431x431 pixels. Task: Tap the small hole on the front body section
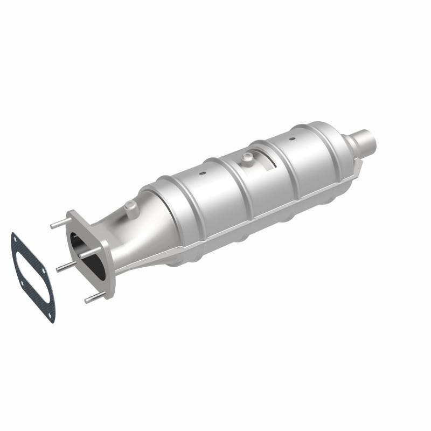click(202, 174)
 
